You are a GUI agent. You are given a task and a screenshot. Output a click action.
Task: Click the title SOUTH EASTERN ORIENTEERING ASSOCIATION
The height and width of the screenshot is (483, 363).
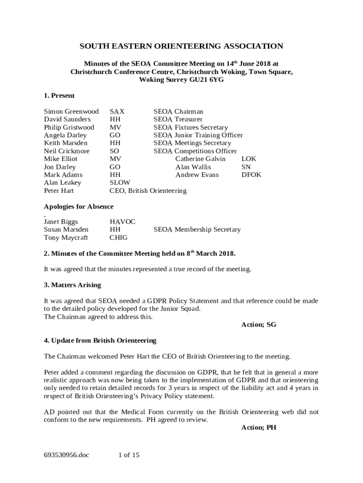[x=181, y=46]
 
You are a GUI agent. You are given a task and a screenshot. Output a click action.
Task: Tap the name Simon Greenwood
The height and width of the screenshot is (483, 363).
[x=71, y=112]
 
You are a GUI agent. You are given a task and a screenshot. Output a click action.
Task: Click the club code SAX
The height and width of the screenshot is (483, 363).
[x=117, y=112]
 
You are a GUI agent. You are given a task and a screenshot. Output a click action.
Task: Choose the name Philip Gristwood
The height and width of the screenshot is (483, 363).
[x=69, y=127]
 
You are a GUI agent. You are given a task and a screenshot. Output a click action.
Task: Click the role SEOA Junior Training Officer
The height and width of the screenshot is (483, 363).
[x=198, y=135]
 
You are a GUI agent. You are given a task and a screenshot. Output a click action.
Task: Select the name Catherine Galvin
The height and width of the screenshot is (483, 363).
[x=200, y=159]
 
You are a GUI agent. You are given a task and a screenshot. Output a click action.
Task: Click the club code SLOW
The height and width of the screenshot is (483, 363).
[x=120, y=183]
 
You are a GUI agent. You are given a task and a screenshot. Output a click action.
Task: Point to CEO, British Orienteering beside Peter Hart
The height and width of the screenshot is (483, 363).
[x=148, y=191]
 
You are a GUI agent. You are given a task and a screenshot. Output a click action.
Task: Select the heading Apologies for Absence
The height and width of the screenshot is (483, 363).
[x=79, y=207]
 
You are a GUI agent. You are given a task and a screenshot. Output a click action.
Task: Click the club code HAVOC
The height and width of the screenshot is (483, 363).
[x=122, y=222]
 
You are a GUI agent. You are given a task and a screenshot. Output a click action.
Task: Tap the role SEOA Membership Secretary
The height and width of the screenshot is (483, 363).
[x=197, y=230]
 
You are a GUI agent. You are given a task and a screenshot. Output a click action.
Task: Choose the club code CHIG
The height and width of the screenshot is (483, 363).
[x=118, y=238]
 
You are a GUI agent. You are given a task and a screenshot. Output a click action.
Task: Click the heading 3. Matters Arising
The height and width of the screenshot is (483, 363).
[x=72, y=285]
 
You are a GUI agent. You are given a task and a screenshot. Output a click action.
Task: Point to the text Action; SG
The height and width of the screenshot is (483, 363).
[x=258, y=325]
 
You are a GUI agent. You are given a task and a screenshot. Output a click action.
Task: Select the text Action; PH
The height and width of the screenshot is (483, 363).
[x=258, y=428]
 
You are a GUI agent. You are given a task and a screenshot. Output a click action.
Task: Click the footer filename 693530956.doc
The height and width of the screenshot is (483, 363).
[x=66, y=455]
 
